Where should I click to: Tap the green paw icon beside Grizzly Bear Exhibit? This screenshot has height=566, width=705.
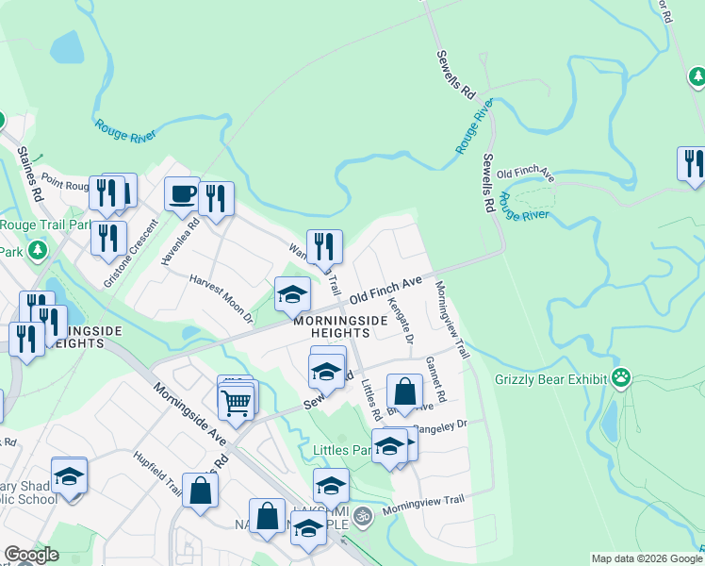coord(620,379)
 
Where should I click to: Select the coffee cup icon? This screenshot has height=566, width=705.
coord(183,195)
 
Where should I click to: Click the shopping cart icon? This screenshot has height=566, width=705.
coord(236,403)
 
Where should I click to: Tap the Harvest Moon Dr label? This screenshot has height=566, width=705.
coord(222,298)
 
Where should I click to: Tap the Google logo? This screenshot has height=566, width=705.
coord(32,555)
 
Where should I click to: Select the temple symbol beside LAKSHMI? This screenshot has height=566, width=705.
coord(358,516)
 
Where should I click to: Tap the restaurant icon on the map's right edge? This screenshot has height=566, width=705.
coord(691,162)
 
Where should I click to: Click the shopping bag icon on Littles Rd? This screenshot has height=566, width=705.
coord(404,391)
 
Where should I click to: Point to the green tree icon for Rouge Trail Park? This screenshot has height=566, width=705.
coord(38,251)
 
